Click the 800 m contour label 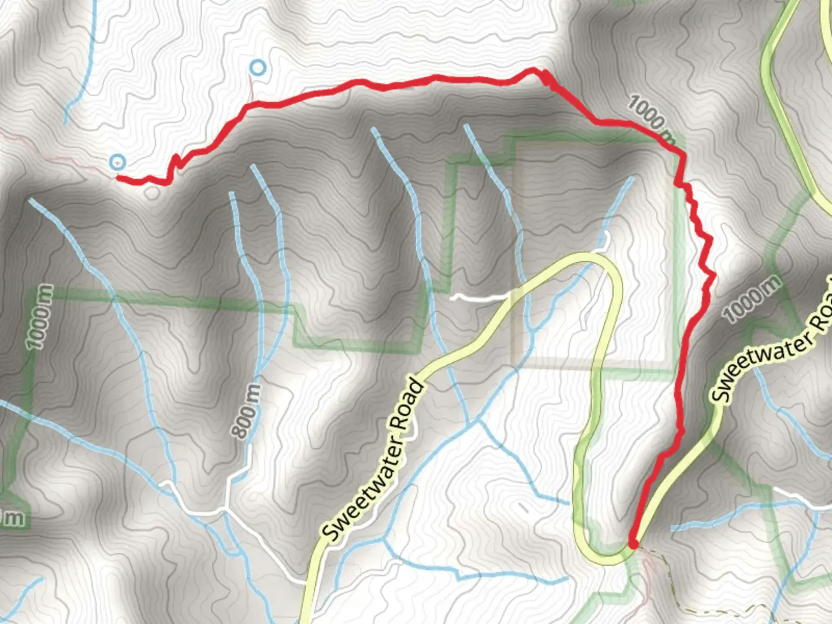(247, 411)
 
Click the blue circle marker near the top (258, 68)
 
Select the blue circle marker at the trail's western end (118, 162)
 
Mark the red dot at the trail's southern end (633, 544)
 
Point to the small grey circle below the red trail (152, 192)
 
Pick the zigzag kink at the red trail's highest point (543, 77)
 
